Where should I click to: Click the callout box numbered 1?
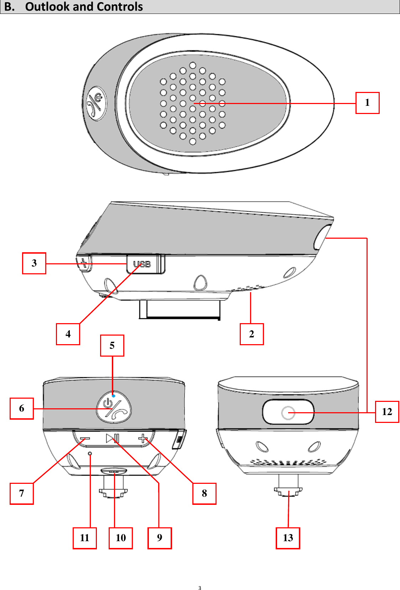point(367,103)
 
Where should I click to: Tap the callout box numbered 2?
point(251,334)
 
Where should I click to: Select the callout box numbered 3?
point(34,263)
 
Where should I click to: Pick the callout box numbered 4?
point(68,334)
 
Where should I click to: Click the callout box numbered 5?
point(112,346)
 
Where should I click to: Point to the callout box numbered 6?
point(22,408)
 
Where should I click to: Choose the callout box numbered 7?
point(22,493)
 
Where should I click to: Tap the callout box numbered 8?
point(204,493)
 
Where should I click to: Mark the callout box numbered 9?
point(160,538)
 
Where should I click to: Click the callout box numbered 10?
point(121,538)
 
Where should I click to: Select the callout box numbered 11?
point(85,538)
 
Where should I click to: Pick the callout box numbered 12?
point(387,412)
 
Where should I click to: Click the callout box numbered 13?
point(288,538)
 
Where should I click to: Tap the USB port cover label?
point(142,264)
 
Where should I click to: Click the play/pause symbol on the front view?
point(112,438)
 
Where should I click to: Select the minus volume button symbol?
point(85,439)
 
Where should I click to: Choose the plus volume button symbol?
point(143,438)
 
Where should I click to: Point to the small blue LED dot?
point(113,396)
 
